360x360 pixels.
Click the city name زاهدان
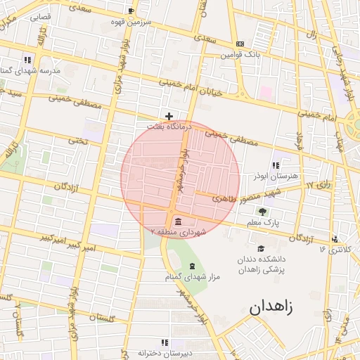tap(273, 307)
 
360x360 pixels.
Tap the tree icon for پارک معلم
tap(262, 211)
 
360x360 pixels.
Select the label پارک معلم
tap(262, 222)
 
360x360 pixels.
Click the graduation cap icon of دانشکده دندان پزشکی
tap(262, 247)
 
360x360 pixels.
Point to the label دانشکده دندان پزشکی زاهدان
tap(261, 264)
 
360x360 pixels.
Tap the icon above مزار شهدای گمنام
tap(192, 266)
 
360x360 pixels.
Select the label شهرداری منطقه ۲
tap(176, 231)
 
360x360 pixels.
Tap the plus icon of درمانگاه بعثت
tap(169, 115)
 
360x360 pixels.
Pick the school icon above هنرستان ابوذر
tap(275, 165)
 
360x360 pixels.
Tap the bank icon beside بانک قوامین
tap(240, 43)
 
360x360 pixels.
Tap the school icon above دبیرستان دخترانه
tap(145, 342)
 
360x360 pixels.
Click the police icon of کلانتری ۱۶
tap(335, 239)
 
